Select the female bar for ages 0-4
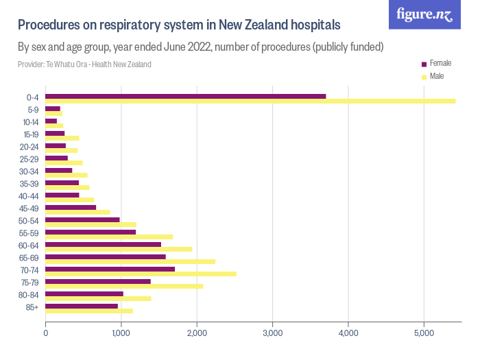coord(185,96)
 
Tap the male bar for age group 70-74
coord(141,274)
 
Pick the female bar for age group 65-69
coord(106,257)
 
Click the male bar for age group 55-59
coord(109,237)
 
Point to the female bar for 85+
coord(82,306)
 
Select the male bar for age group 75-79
coord(124,286)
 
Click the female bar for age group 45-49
coord(71,207)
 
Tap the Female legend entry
coord(440,63)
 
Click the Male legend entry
coord(436,76)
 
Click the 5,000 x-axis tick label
coord(424,334)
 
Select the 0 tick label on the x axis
coord(46,334)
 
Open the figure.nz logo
coord(425,14)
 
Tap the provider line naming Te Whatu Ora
coord(84,64)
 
